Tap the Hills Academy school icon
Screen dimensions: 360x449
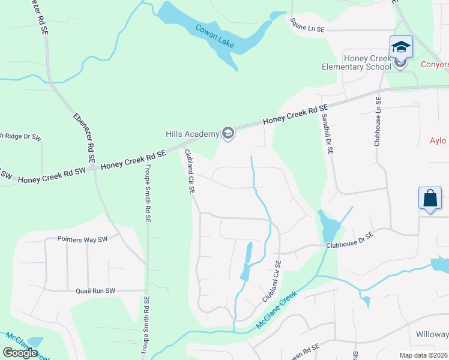(228, 133)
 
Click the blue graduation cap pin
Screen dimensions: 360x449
(400, 47)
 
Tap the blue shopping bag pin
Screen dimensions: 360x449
(430, 199)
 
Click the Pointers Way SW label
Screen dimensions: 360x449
(82, 239)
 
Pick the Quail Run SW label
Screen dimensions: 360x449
(95, 291)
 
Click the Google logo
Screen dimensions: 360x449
(20, 353)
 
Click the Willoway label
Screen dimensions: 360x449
(432, 334)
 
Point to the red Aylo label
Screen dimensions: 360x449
(439, 141)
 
